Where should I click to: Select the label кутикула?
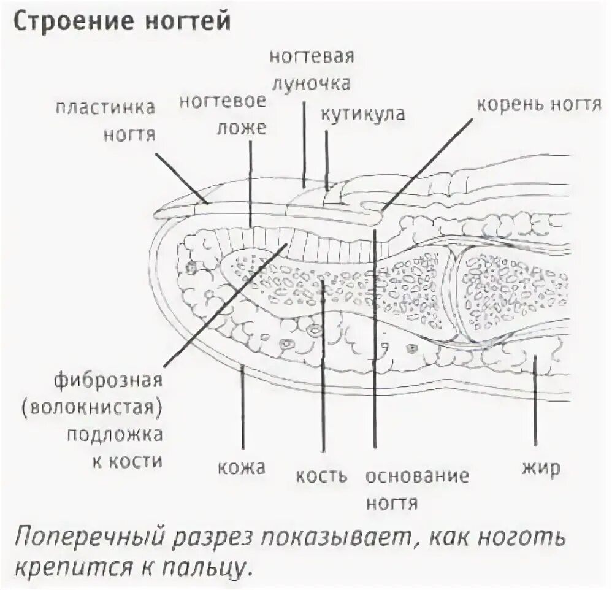pos(362,115)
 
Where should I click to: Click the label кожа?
pos(242,469)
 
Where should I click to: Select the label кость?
pos(321,475)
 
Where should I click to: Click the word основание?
pos(417,475)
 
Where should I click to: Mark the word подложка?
pos(115,435)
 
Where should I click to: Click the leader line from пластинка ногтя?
pos(181,178)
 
